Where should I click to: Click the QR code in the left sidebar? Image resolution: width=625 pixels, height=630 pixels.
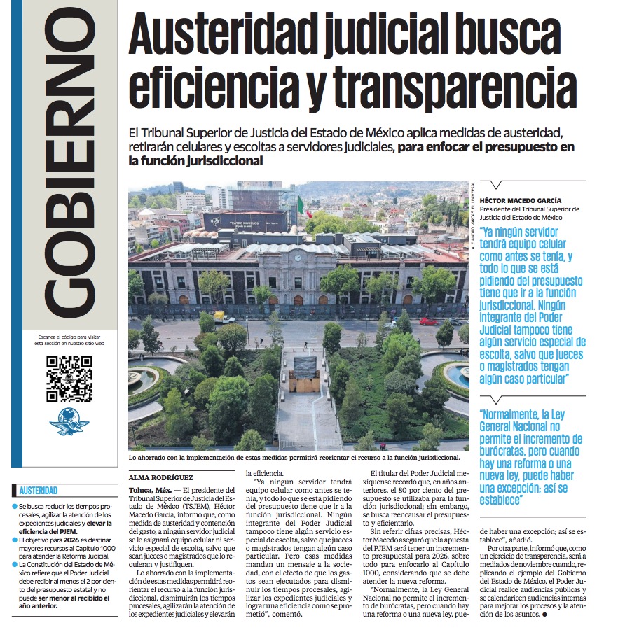click(x=69, y=379)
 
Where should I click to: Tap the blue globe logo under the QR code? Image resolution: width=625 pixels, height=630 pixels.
click(x=69, y=422)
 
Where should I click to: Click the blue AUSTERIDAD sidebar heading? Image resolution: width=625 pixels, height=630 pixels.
click(x=39, y=491)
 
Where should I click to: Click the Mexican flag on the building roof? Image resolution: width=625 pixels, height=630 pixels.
click(x=300, y=206)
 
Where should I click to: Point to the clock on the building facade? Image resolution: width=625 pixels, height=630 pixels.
click(x=298, y=258)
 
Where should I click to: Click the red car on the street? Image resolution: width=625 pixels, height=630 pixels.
click(x=428, y=321)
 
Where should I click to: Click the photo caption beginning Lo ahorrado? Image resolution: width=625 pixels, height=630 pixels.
click(x=294, y=458)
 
